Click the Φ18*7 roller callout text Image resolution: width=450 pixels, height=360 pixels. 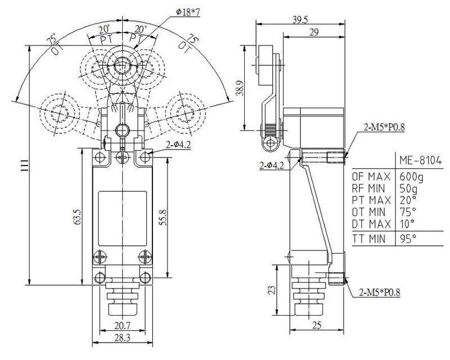(188, 12)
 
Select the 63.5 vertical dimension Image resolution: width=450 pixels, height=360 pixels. (78, 217)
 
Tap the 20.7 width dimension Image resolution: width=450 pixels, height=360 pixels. (122, 326)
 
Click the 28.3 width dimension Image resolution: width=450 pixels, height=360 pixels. (122, 337)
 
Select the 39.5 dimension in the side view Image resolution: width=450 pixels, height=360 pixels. (300, 20)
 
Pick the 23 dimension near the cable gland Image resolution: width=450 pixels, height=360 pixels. (272, 289)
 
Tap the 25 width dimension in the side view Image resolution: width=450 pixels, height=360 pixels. (317, 325)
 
